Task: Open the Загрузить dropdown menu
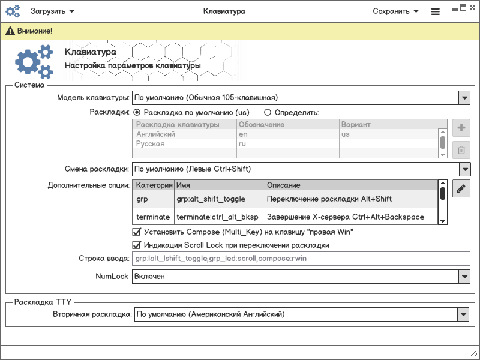[x=53, y=11]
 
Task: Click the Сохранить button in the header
[x=395, y=11]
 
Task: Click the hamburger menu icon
[x=436, y=11]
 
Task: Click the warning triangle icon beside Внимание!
[x=10, y=31]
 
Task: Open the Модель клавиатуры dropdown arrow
[x=464, y=97]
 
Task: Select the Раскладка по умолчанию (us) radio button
[x=137, y=112]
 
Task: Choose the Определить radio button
[x=268, y=112]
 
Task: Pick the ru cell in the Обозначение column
[x=242, y=144]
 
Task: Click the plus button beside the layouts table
[x=461, y=128]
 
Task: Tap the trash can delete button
[x=461, y=150]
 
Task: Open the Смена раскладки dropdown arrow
[x=464, y=169]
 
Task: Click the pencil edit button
[x=461, y=189]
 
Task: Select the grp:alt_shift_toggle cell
[x=219, y=199]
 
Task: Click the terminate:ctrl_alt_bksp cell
[x=219, y=217]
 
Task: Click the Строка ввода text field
[x=300, y=259]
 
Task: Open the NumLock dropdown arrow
[x=464, y=277]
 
